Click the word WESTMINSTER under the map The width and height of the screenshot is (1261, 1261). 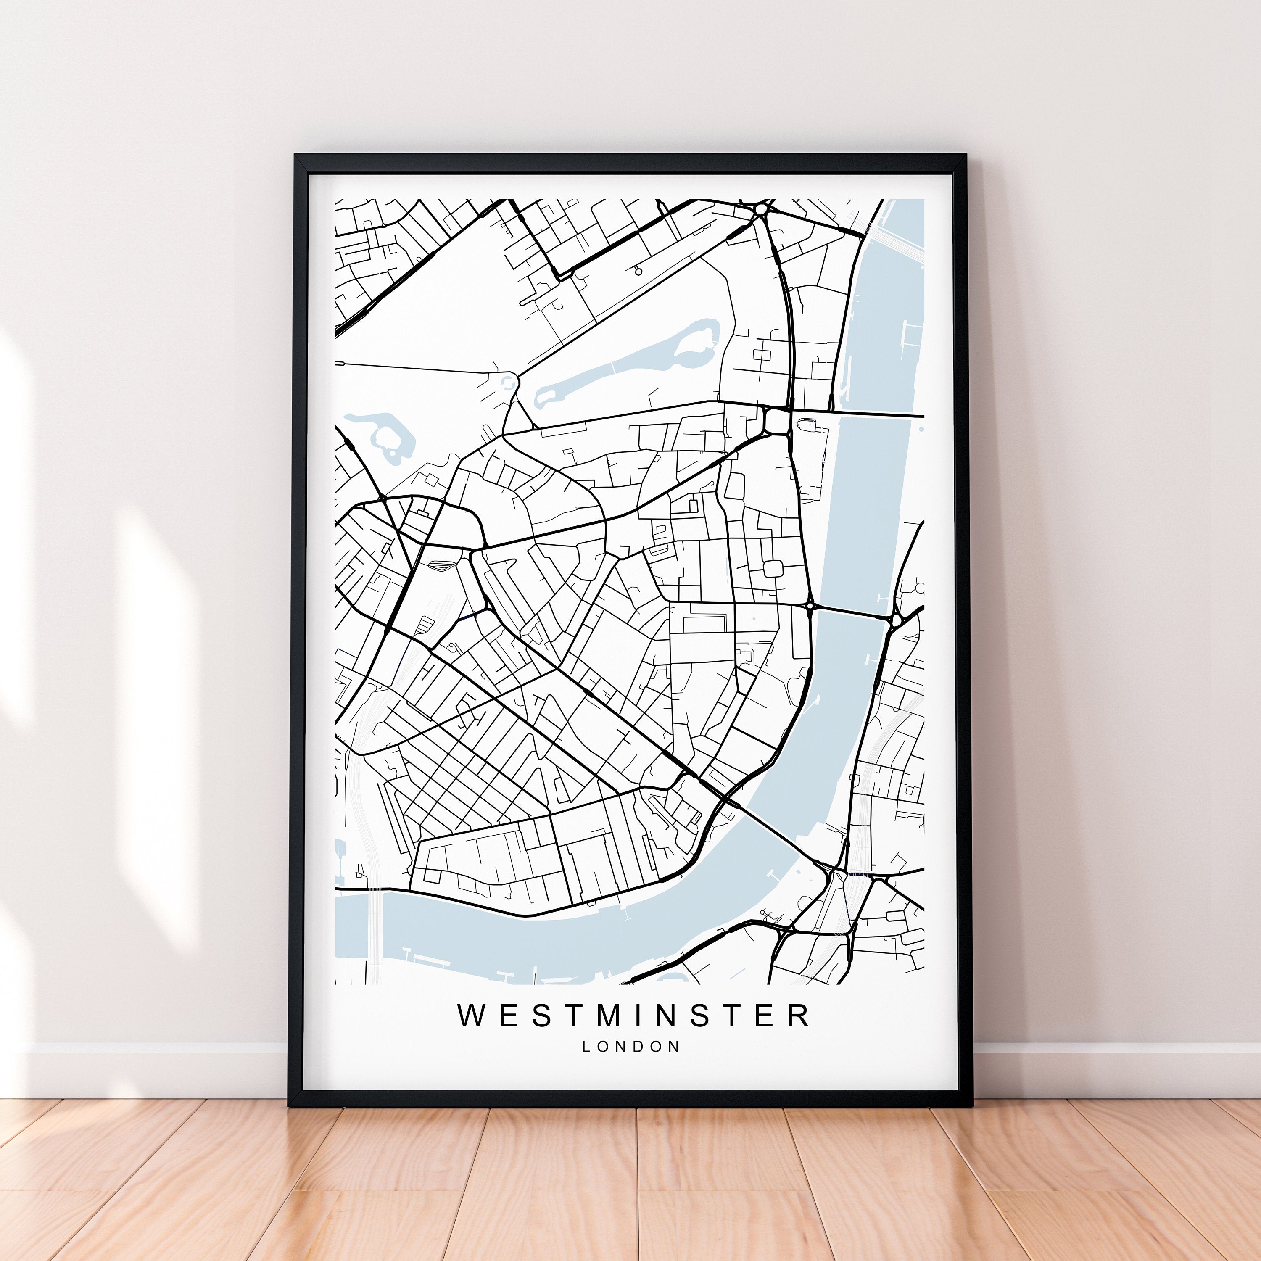(x=633, y=1016)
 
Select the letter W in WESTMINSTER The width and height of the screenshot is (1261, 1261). (x=472, y=1016)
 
